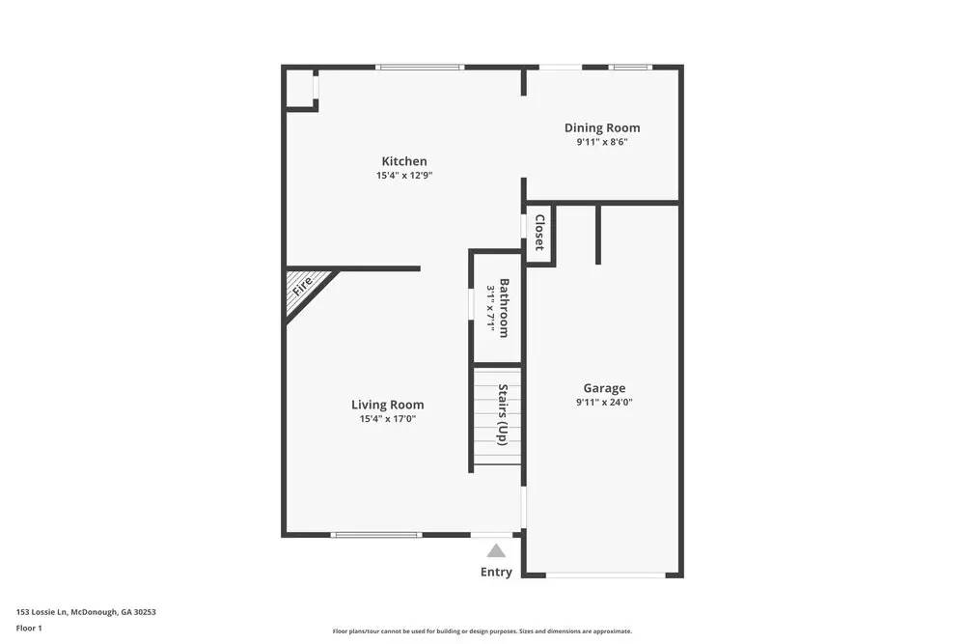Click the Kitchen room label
[404, 161]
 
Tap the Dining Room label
[602, 127]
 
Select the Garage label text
[604, 388]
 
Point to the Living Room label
[387, 405]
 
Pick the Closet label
[539, 233]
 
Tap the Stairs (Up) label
[503, 414]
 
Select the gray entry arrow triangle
[496, 551]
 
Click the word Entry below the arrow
[496, 572]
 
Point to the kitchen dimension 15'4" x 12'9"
[404, 176]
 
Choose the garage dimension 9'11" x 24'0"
[604, 403]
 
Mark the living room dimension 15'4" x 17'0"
[387, 419]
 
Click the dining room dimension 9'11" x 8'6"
[602, 142]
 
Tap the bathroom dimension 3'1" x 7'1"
[491, 308]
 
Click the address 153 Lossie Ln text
[86, 611]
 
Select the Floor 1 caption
[29, 628]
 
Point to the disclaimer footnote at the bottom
[482, 631]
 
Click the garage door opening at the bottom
[605, 575]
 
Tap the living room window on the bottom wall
[375, 534]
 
